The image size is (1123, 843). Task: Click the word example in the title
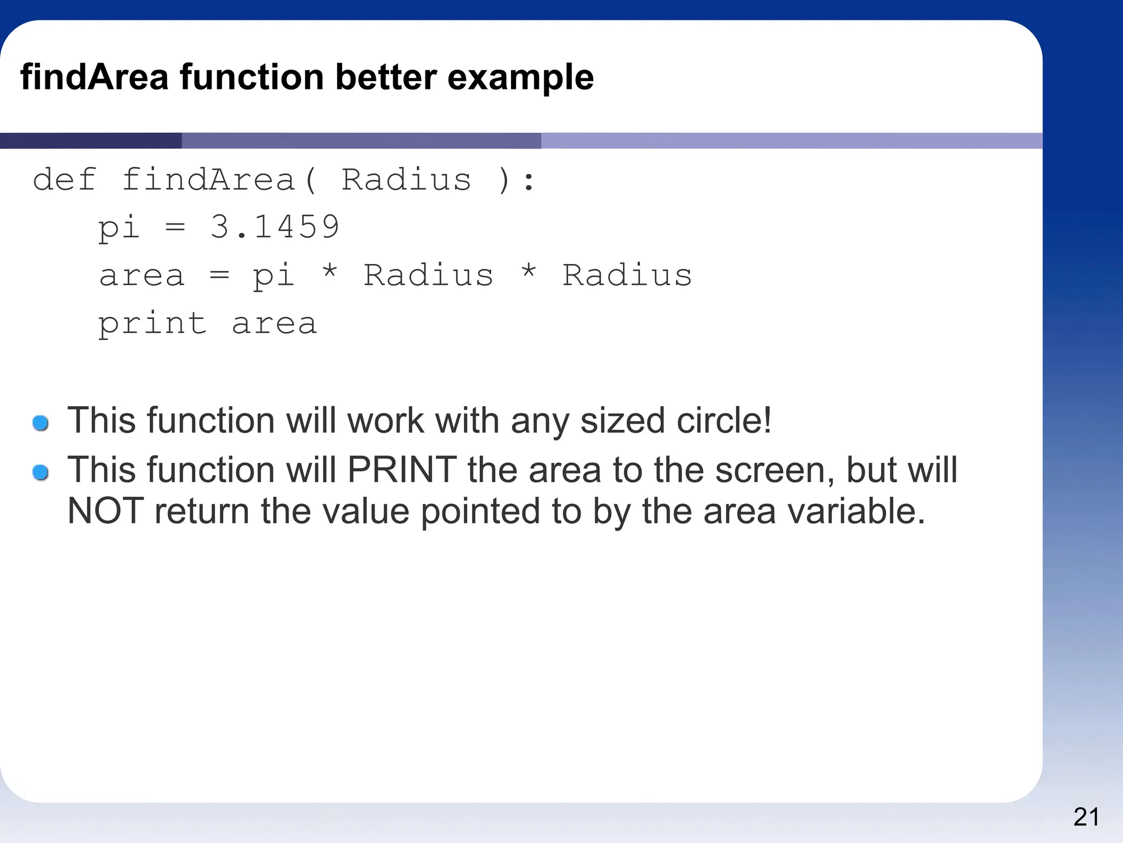520,78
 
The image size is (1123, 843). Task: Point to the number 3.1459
275,227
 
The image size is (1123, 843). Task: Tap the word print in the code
152,324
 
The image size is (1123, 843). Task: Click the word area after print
274,324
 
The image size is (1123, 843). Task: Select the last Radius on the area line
627,275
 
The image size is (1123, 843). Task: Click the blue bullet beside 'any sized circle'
41,423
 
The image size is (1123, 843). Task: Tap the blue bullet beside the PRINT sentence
41,472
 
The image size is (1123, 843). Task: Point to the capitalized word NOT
105,511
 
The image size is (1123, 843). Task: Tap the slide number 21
1086,817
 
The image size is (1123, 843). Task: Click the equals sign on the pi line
175,227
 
